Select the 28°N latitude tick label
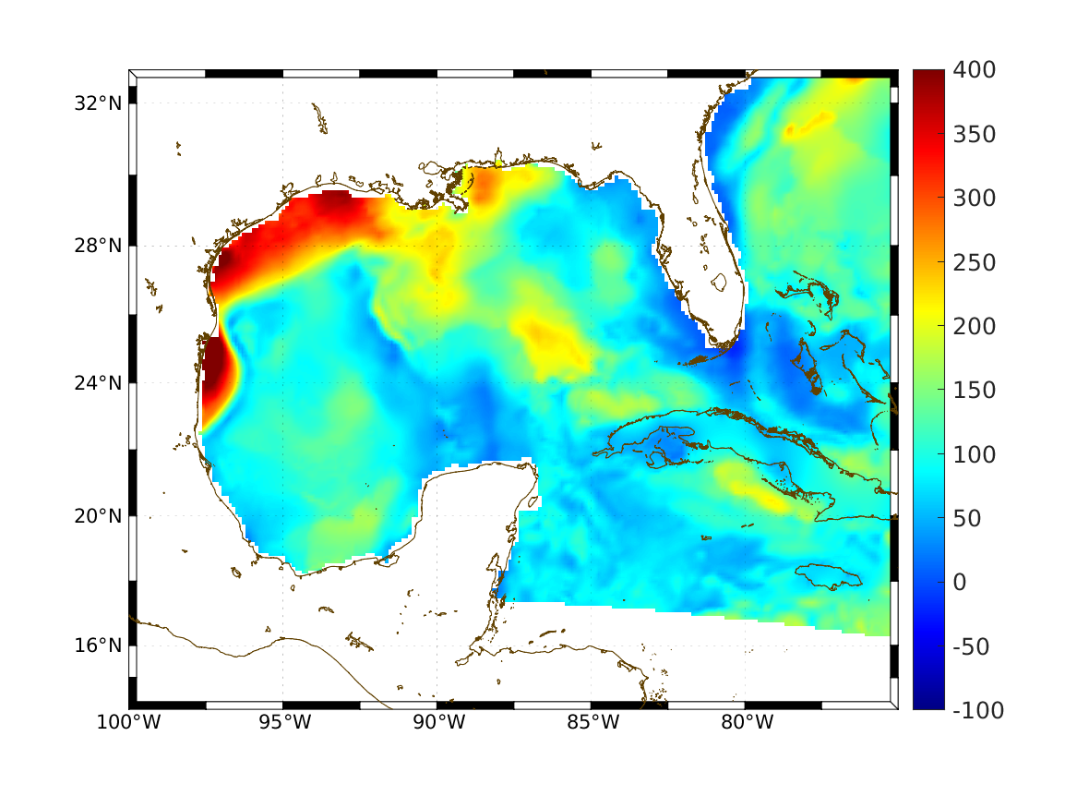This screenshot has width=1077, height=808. [x=98, y=246]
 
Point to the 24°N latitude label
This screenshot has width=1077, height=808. [x=98, y=382]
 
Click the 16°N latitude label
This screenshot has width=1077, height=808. [x=98, y=645]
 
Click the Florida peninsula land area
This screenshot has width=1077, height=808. [x=715, y=277]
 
